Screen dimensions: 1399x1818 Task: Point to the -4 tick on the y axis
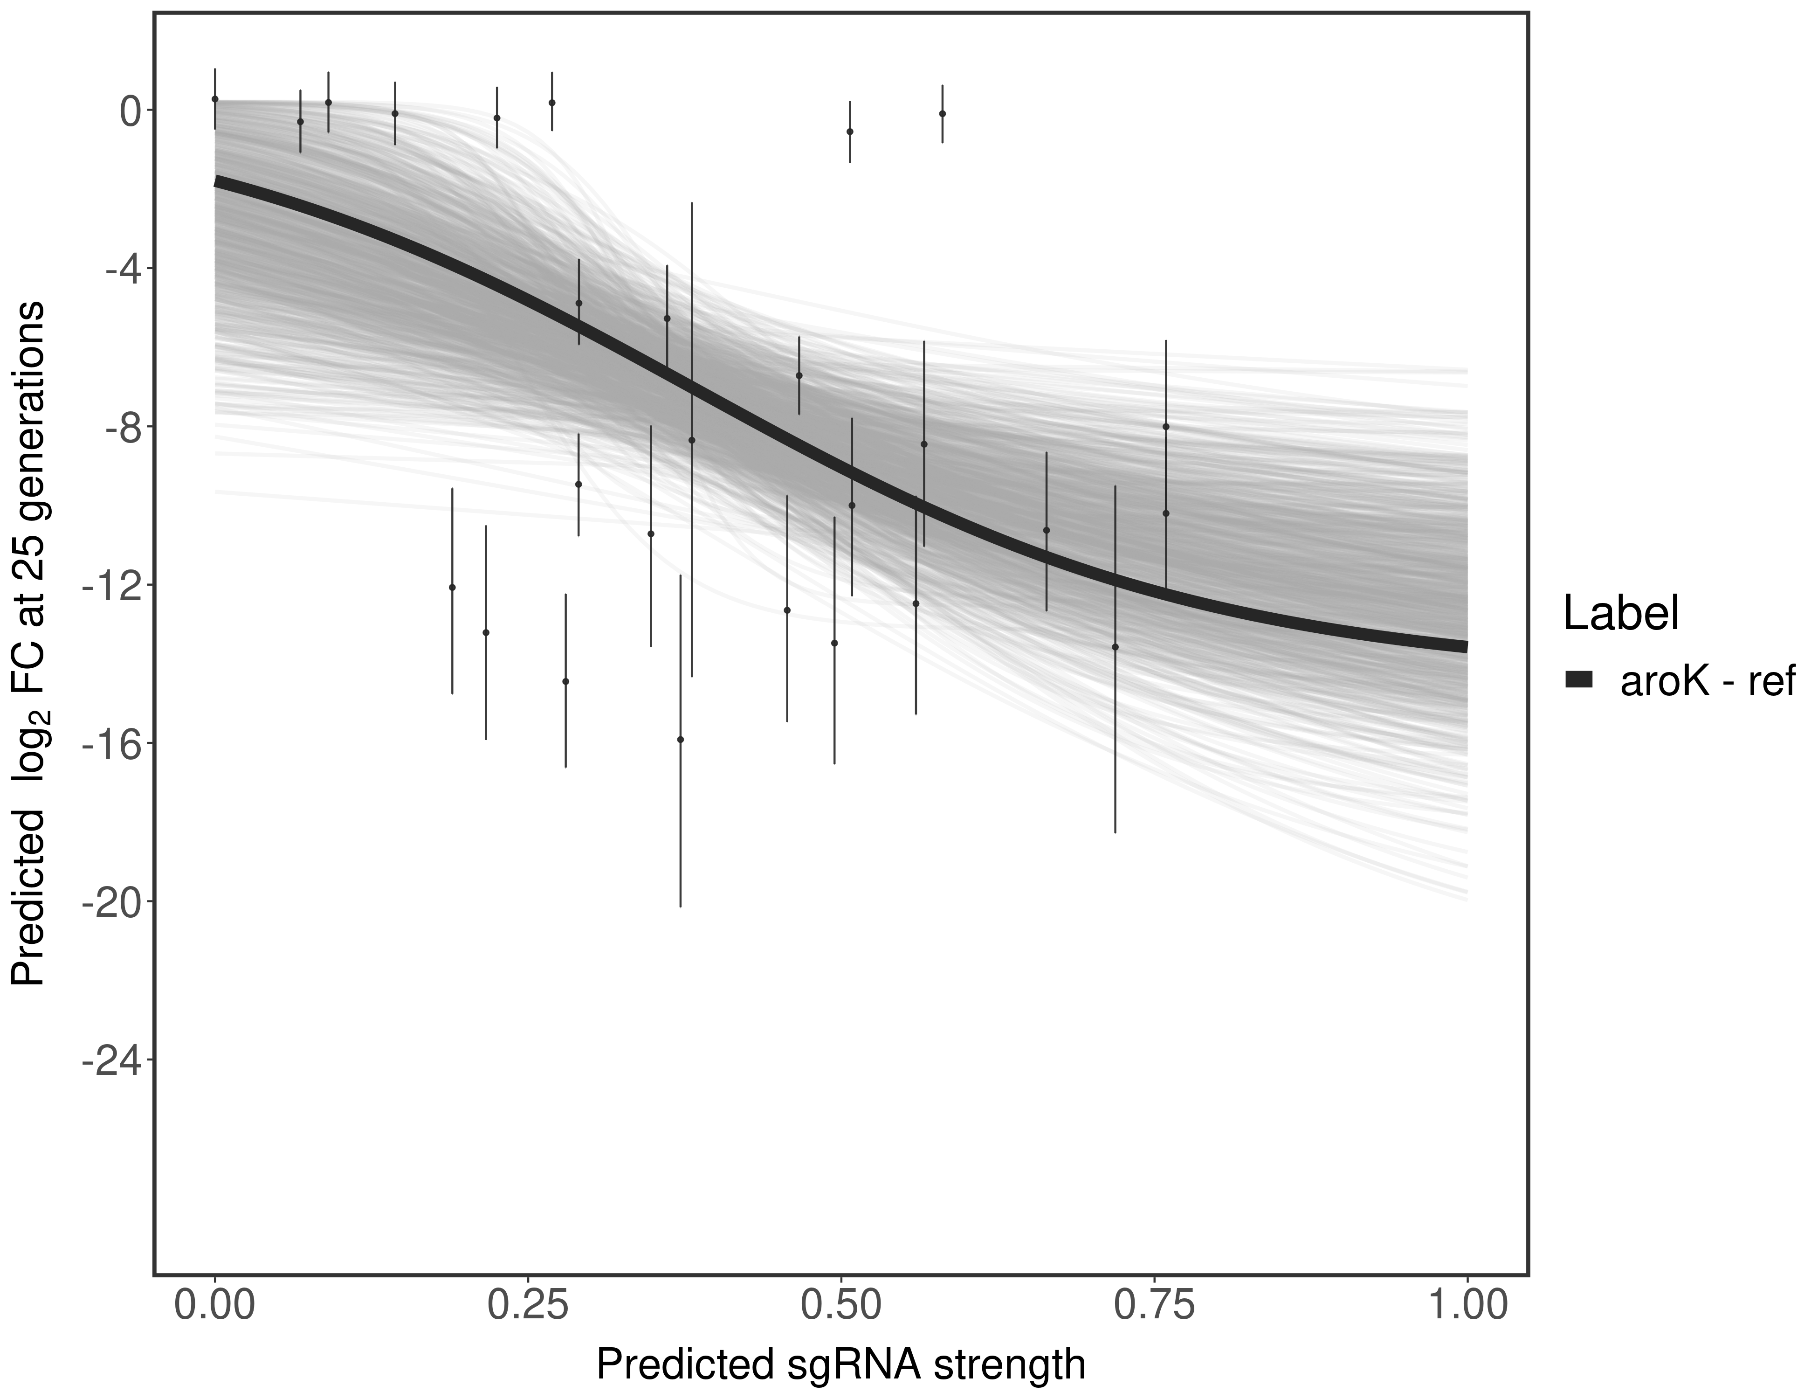117,269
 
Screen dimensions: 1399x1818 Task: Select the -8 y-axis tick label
117,427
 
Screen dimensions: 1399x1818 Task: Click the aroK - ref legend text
1707,680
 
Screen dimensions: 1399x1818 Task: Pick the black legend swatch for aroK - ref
1578,680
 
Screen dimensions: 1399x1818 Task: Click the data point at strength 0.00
215,99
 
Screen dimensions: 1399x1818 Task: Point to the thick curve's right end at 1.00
1465,646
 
